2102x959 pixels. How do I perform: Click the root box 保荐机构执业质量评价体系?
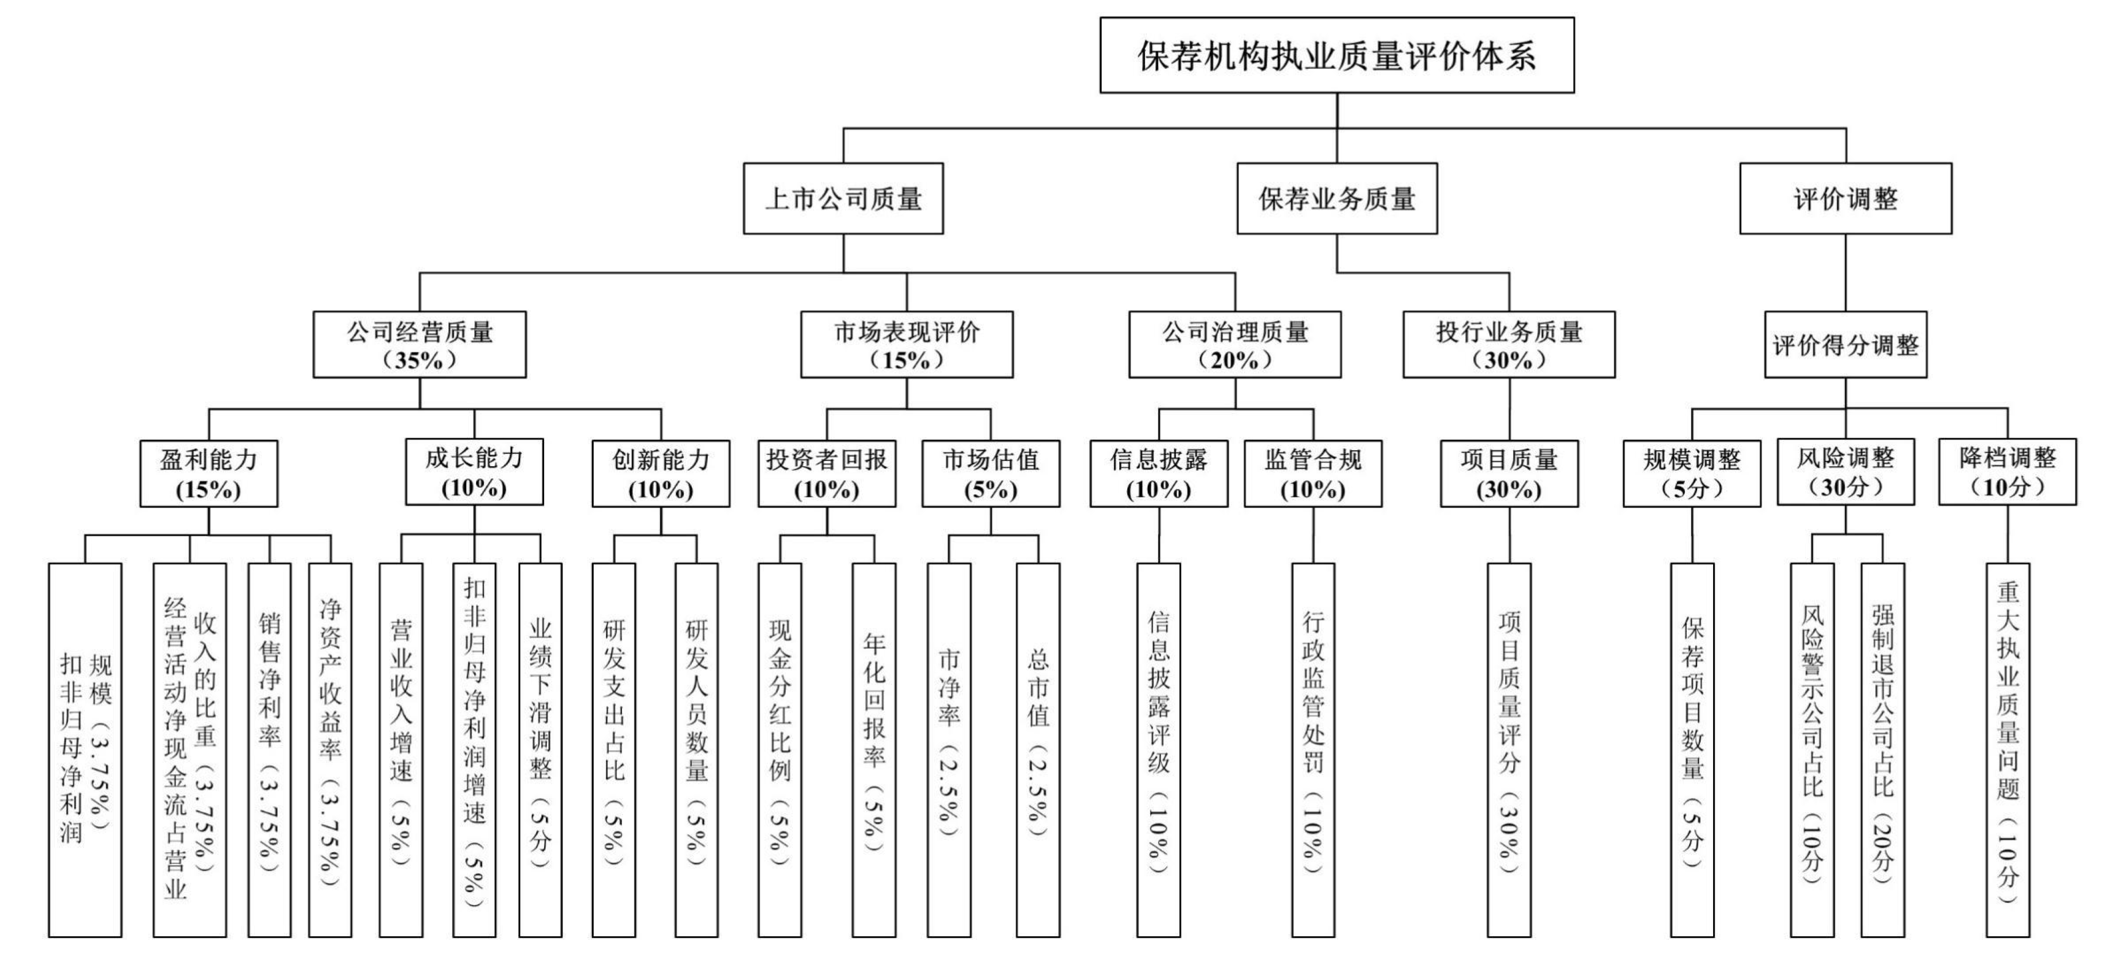tap(1337, 55)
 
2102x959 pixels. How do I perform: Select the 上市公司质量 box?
tap(843, 198)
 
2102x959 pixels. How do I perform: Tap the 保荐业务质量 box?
tap(1337, 198)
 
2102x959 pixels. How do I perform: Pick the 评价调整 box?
tap(1845, 198)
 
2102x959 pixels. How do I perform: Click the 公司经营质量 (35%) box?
tap(420, 344)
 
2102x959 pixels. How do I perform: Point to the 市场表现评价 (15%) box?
tap(907, 344)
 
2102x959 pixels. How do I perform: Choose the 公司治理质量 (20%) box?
tap(1235, 344)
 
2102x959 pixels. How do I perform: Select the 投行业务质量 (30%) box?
tap(1509, 344)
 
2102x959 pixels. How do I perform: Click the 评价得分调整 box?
tap(1845, 344)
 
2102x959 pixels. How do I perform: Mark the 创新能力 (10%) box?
tap(661, 474)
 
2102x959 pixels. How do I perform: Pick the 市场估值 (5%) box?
tap(991, 474)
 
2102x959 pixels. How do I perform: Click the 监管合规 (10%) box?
tap(1313, 474)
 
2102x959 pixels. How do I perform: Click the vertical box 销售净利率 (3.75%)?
tap(269, 749)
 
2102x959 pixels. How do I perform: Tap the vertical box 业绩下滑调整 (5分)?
tap(540, 749)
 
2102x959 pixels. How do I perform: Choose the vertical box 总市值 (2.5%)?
tap(1038, 749)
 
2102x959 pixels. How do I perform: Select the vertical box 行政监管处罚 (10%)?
tap(1313, 749)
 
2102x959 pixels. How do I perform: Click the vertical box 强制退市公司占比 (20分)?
tap(1882, 749)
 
